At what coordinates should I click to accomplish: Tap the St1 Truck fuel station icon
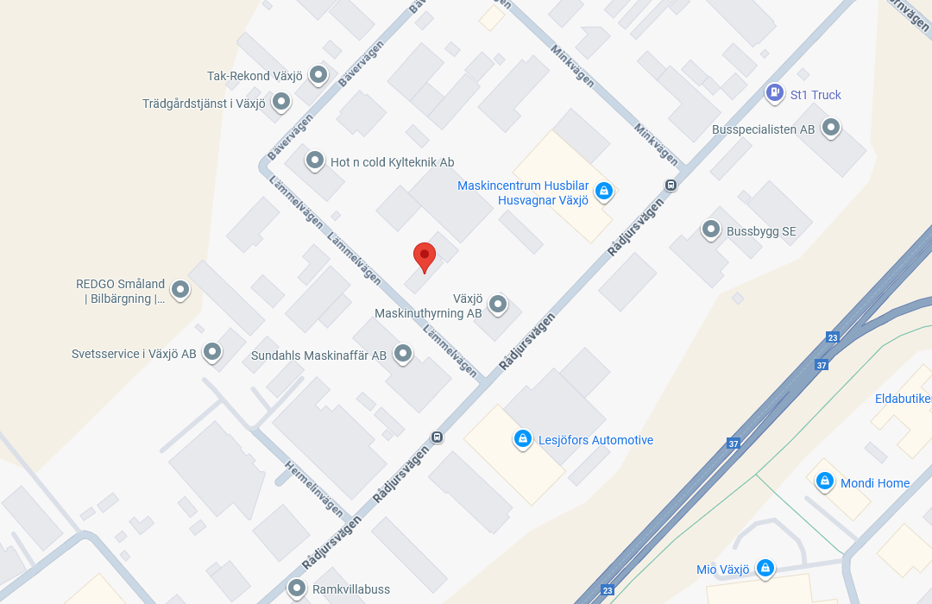[775, 93]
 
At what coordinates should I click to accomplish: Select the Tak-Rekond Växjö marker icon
[318, 75]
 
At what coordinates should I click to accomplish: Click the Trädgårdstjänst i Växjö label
[204, 104]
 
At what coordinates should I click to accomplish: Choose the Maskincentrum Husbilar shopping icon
[604, 191]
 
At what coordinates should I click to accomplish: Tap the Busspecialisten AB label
[763, 129]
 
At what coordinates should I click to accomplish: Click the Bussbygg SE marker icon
[711, 230]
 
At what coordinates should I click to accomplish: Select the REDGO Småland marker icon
[180, 289]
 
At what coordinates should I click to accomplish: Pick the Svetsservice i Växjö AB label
[134, 354]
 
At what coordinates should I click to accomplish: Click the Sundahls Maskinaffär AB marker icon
[403, 353]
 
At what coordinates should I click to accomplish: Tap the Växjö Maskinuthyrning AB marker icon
[498, 304]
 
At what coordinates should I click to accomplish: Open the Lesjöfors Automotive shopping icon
[522, 439]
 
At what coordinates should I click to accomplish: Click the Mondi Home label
[874, 483]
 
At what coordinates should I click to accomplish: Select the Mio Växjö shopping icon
[765, 568]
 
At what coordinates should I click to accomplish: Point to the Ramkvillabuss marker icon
[298, 589]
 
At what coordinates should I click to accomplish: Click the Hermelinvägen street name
[314, 488]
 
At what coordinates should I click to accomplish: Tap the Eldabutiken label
[903, 399]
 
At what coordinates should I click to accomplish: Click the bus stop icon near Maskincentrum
[671, 185]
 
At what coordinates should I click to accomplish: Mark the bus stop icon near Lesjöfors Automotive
[438, 437]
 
